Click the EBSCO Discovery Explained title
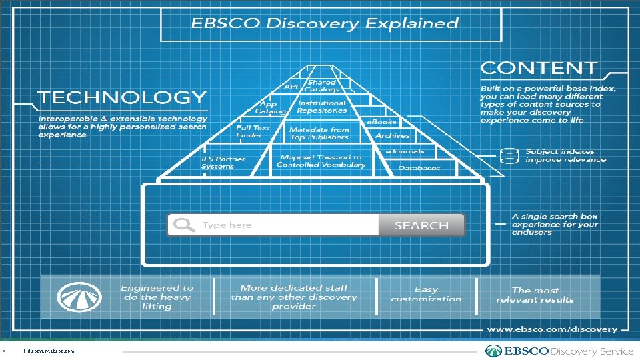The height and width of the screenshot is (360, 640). pos(325,23)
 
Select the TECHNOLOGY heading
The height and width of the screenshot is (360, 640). pos(121,97)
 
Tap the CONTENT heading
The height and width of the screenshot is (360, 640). pos(539,68)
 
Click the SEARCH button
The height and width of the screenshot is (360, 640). pos(421,225)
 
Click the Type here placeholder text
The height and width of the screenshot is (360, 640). pos(227,225)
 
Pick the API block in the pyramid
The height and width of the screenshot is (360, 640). pos(291,87)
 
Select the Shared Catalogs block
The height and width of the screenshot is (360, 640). pos(322,86)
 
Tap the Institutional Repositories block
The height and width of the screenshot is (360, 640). pos(322,107)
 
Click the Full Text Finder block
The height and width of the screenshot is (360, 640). pos(253,131)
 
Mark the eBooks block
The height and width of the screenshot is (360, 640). pos(381,122)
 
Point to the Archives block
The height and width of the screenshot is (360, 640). pos(392,135)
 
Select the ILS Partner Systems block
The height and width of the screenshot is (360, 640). pos(223,163)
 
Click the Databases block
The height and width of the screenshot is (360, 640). pos(419,168)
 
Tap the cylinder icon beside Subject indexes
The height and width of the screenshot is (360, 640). pos(509,156)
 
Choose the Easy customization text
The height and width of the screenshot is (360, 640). pos(426,294)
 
